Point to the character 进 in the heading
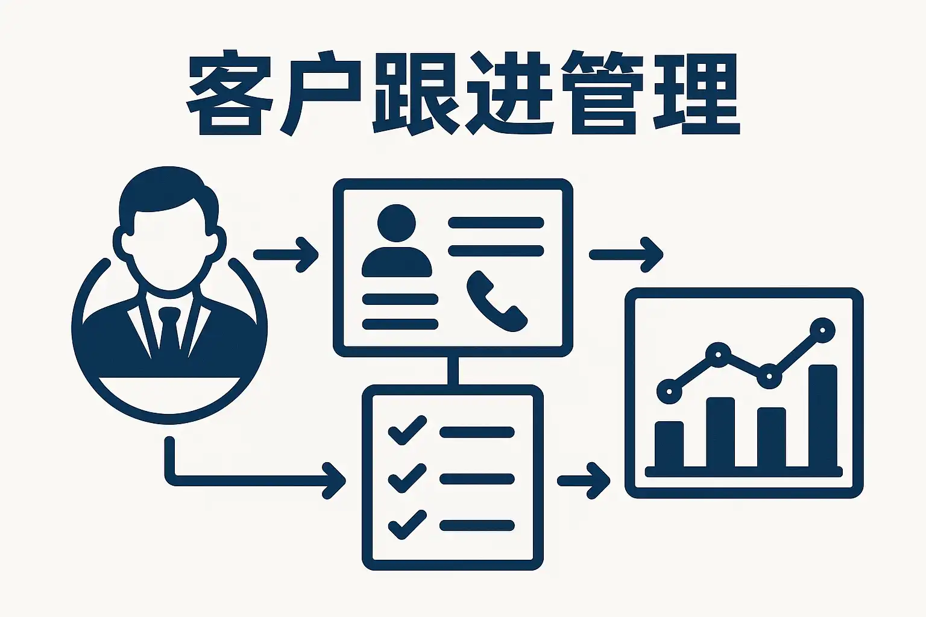(x=508, y=93)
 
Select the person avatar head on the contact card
(x=397, y=223)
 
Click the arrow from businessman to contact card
(x=287, y=255)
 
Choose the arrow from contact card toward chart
(x=627, y=255)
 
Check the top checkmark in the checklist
(x=406, y=430)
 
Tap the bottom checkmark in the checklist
(x=406, y=524)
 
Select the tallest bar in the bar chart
(x=822, y=416)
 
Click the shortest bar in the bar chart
(x=669, y=443)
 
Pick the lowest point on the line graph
(x=669, y=392)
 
